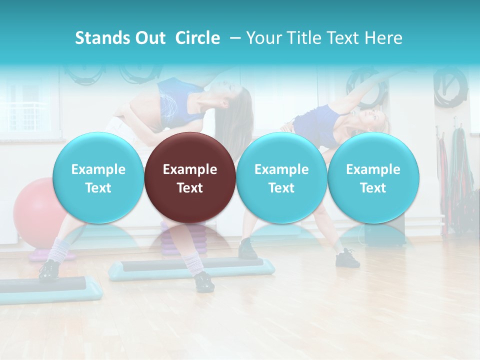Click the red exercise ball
33,210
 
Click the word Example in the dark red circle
190,169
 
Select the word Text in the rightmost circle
373,188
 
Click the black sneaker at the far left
49,270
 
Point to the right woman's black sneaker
347,258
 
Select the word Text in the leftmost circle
98,188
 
